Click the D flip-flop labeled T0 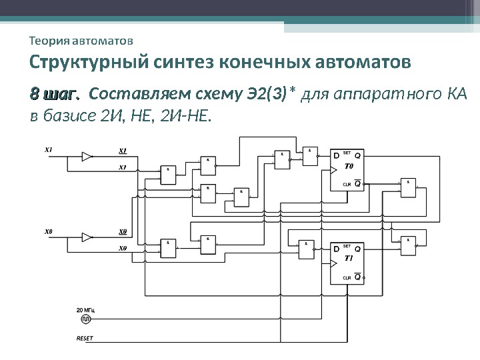click(x=347, y=169)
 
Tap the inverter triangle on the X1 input click(x=87, y=156)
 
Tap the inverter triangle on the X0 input click(x=87, y=237)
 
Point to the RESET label click(x=85, y=338)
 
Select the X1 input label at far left click(x=49, y=149)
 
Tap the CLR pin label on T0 click(x=346, y=184)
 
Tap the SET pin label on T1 click(x=347, y=245)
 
